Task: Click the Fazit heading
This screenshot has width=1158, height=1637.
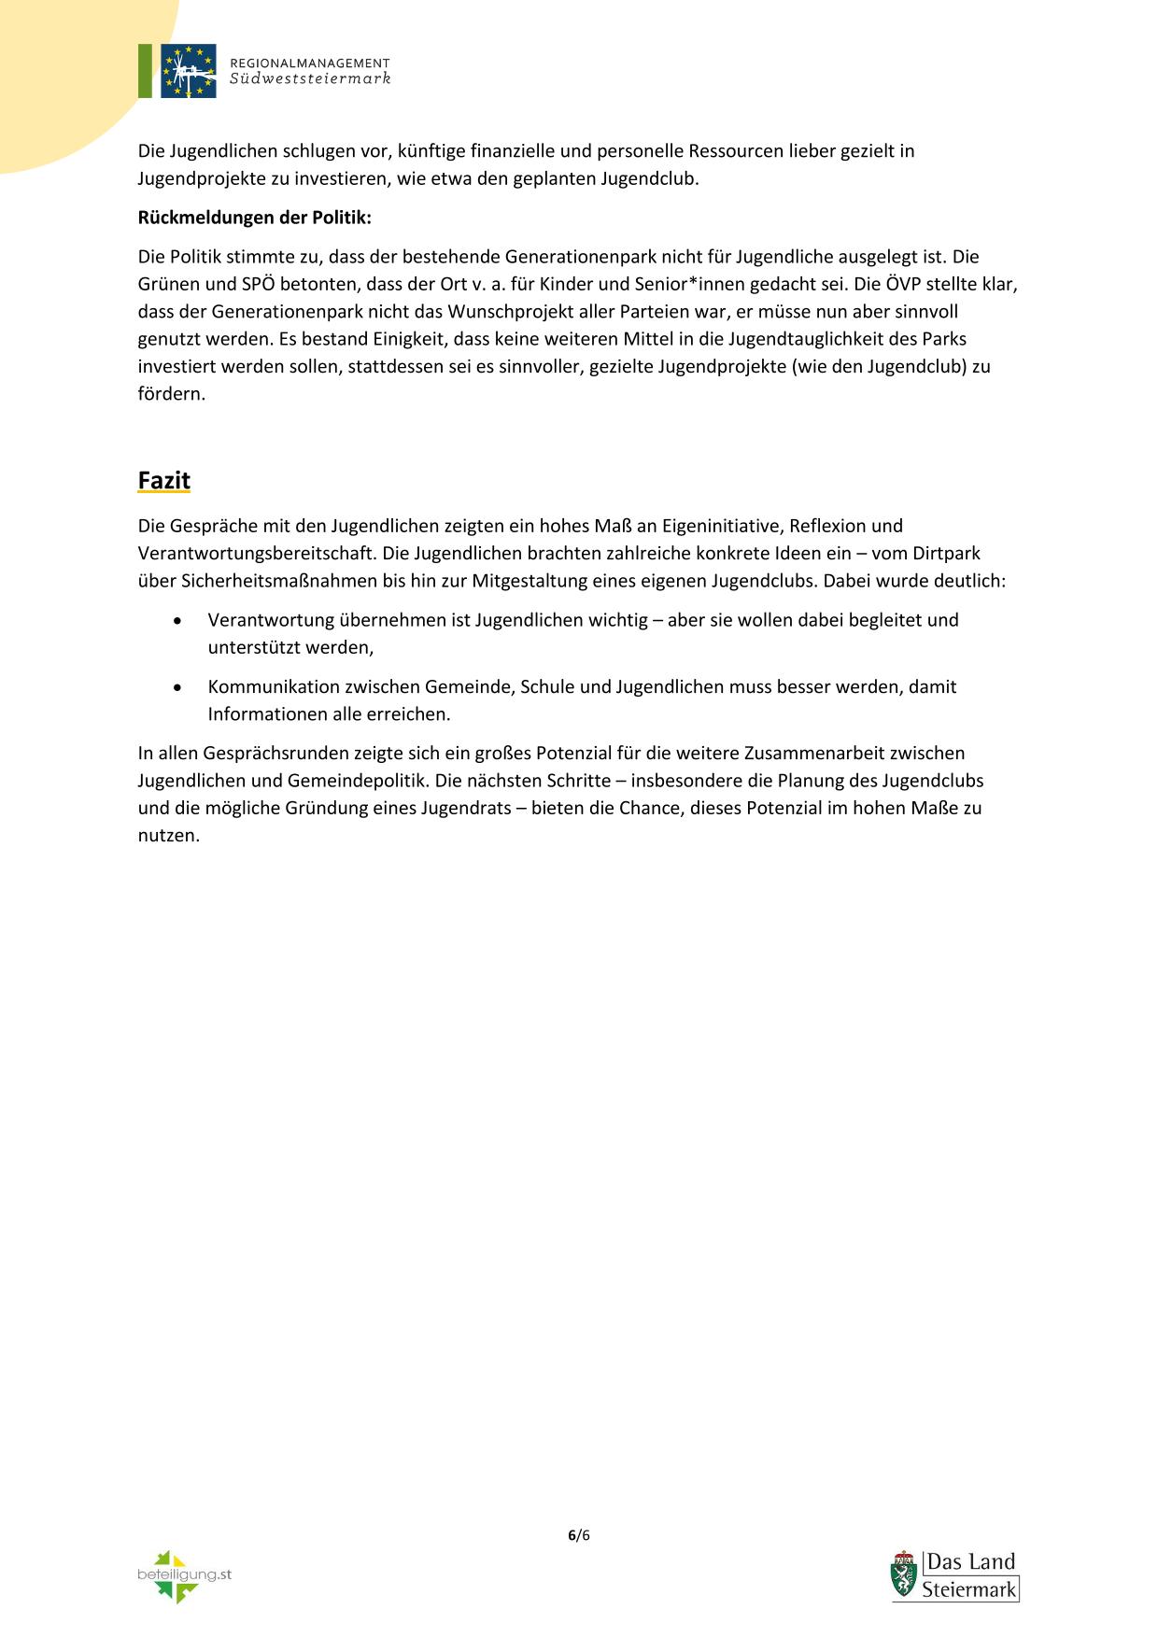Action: [x=163, y=480]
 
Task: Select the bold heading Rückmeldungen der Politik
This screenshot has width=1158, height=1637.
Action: [x=254, y=218]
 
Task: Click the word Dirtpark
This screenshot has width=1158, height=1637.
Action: [x=946, y=553]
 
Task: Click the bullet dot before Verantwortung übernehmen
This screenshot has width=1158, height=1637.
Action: [x=178, y=621]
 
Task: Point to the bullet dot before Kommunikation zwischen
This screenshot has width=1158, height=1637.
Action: [x=178, y=687]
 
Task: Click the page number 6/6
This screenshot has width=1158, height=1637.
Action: [x=579, y=1535]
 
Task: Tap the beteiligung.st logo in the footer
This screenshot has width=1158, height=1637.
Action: [x=183, y=1576]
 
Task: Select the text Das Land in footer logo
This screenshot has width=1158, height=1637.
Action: [x=970, y=1562]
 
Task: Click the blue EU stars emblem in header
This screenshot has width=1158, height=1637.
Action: [x=188, y=71]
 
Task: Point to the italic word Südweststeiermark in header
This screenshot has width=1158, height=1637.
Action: [x=310, y=79]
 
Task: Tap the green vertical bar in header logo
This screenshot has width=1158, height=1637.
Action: [x=145, y=71]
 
